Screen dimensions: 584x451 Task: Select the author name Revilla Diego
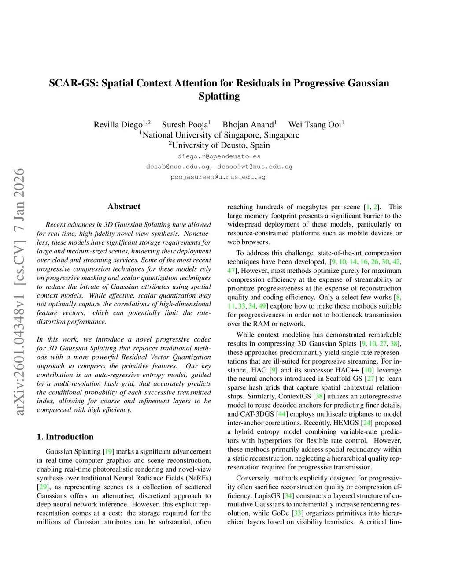(118, 125)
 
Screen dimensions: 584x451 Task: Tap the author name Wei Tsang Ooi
(314, 125)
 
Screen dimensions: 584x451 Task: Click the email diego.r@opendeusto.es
(219, 156)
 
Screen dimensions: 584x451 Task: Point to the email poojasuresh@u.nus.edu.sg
(218, 177)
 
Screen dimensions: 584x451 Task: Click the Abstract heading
(124, 206)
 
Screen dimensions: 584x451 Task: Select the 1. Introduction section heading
(65, 437)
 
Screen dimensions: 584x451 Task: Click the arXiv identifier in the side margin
(19, 291)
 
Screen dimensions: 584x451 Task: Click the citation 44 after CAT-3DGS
(282, 414)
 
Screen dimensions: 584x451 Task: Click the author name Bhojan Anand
(248, 125)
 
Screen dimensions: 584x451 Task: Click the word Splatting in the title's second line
(219, 97)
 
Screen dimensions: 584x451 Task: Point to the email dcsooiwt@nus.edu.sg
(255, 167)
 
